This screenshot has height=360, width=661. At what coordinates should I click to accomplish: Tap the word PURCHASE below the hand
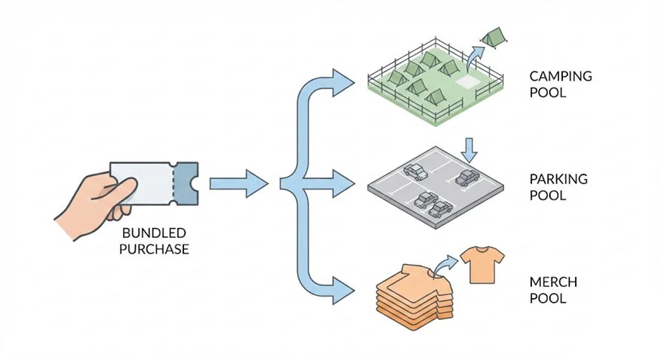point(154,248)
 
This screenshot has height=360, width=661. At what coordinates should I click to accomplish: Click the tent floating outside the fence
point(493,36)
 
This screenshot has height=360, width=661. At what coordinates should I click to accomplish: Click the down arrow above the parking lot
point(470,149)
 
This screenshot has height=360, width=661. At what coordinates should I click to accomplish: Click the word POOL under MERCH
point(547,299)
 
